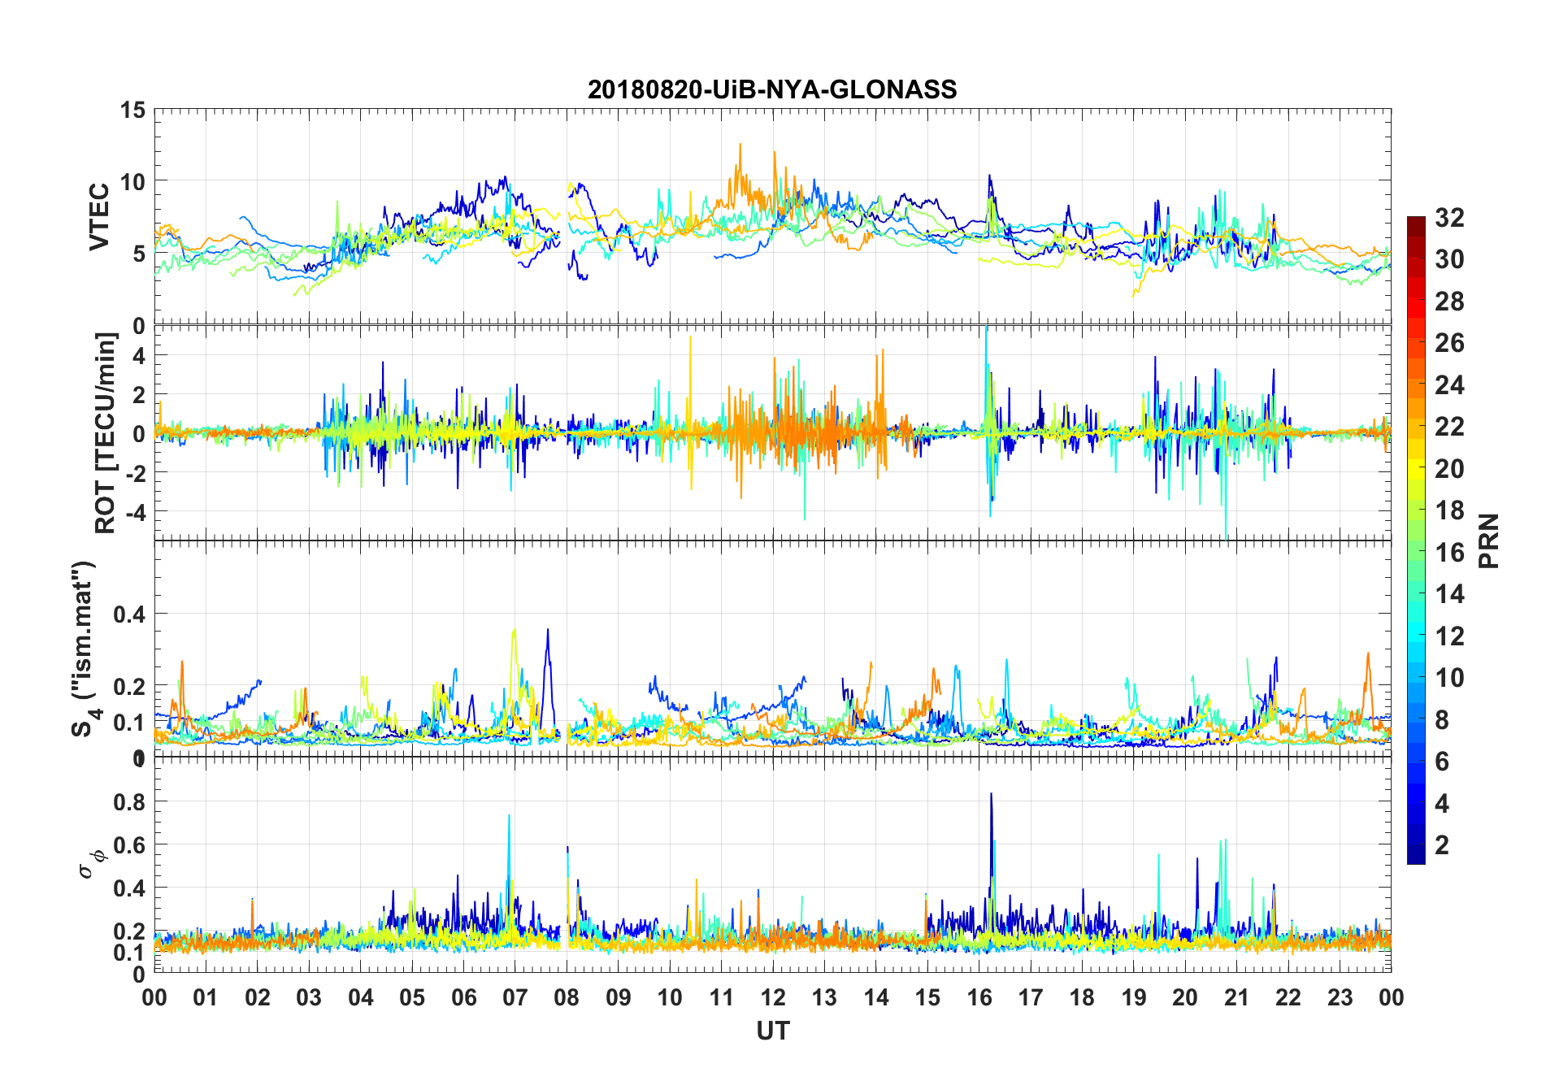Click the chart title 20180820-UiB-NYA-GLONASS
[x=772, y=89]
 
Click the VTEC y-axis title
[x=99, y=217]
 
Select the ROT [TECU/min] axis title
[x=106, y=432]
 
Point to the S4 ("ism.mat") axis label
[x=85, y=649]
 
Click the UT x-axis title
[x=772, y=1031]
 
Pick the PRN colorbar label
[x=1488, y=540]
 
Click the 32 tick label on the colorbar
[x=1449, y=217]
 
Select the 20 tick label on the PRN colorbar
[x=1449, y=468]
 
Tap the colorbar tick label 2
[x=1442, y=844]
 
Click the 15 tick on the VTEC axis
[x=132, y=110]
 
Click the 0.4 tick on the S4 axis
[x=129, y=614]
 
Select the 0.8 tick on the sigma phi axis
[x=129, y=801]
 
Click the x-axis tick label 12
[x=773, y=997]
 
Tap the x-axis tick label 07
[x=515, y=997]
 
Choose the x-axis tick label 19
[x=1134, y=997]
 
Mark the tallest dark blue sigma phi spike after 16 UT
[x=991, y=794]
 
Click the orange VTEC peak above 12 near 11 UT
[x=740, y=145]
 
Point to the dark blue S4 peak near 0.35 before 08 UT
[x=548, y=630]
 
